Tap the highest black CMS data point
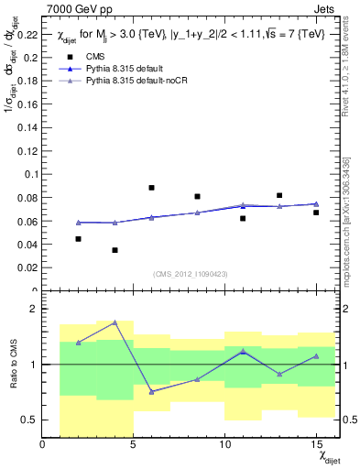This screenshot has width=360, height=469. (151, 188)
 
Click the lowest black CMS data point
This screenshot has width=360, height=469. (115, 250)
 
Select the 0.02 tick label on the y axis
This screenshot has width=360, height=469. (27, 267)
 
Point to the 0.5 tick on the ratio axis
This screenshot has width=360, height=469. (29, 420)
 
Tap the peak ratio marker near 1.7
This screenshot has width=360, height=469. (115, 322)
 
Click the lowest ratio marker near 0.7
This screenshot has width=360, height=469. (151, 391)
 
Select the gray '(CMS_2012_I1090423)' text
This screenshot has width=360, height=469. (190, 274)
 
